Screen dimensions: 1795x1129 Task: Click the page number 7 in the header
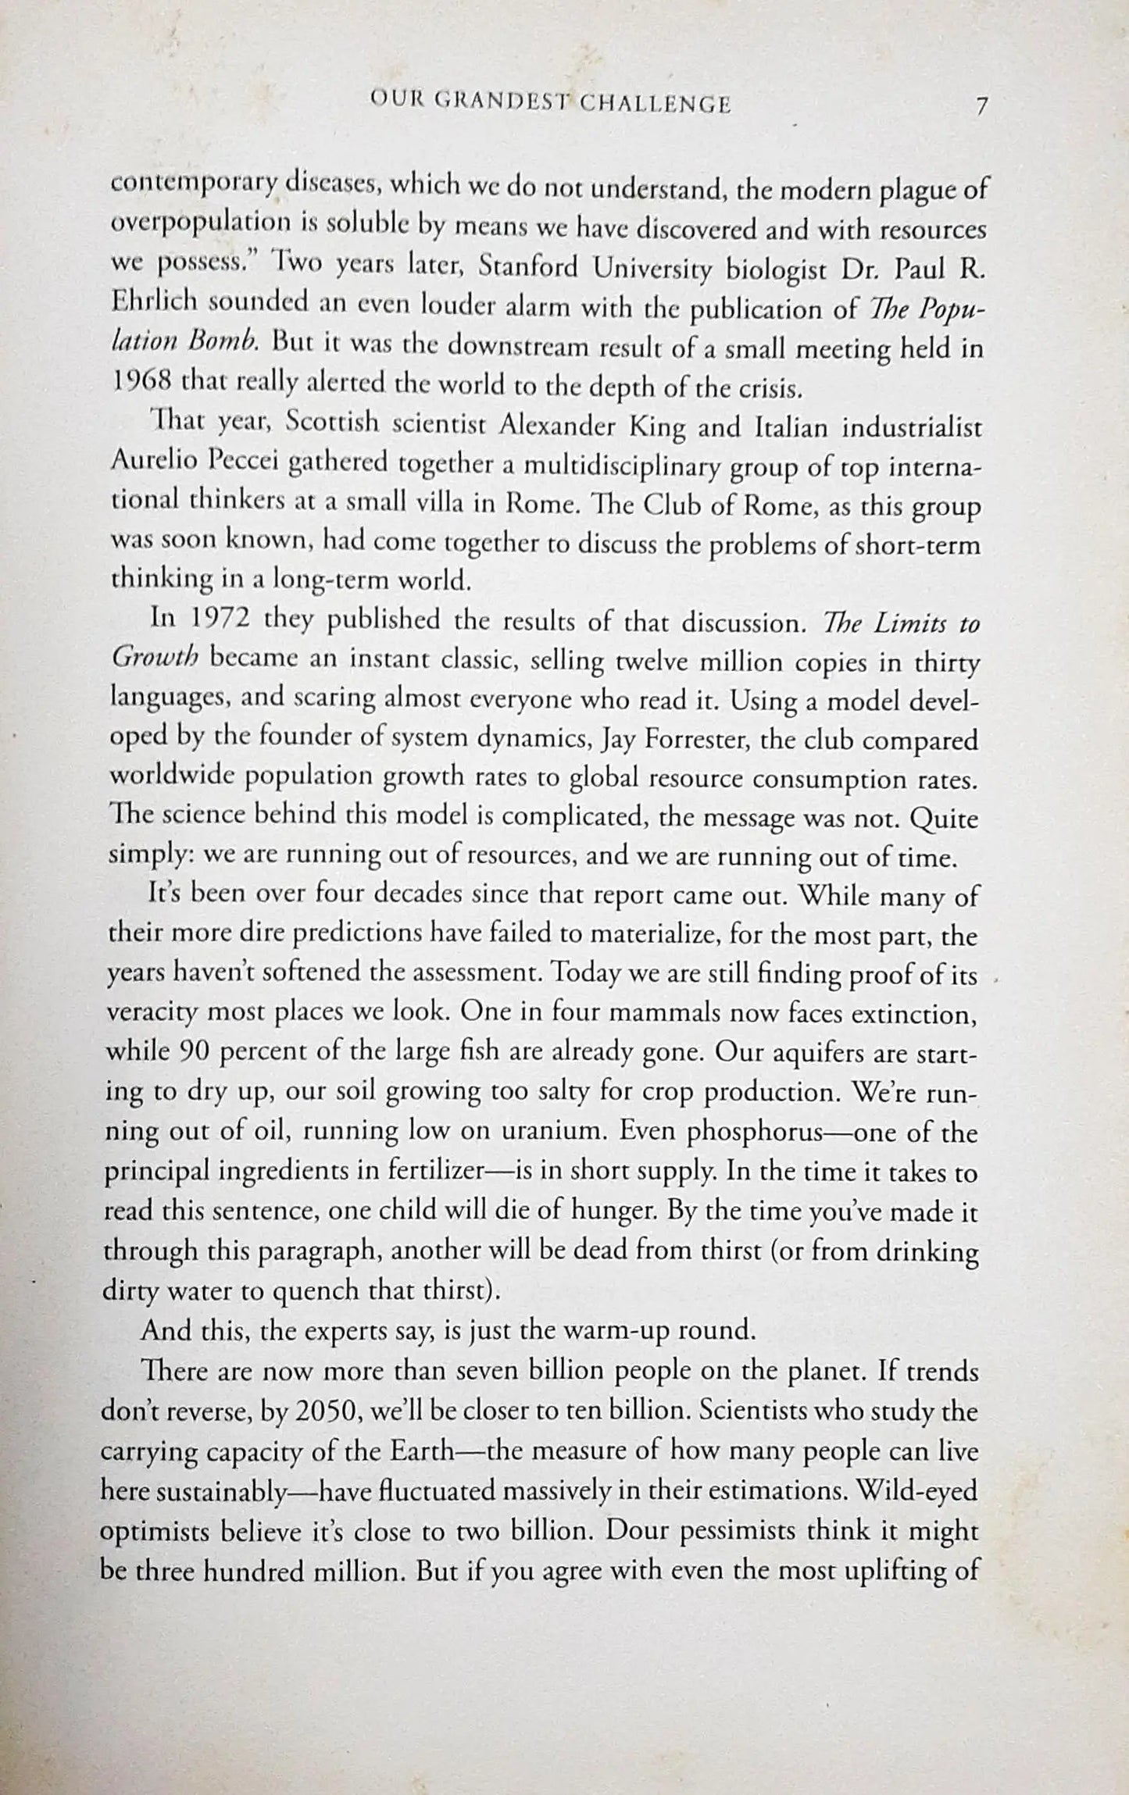982,105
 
